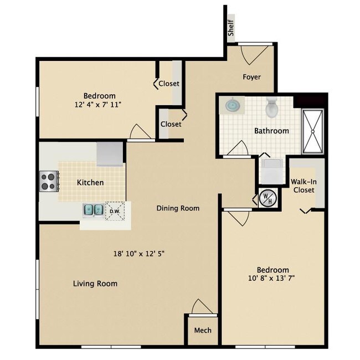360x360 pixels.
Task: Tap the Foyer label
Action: (x=251, y=77)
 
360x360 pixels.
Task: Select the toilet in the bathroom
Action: (x=271, y=108)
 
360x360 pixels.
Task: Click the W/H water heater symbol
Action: (x=266, y=198)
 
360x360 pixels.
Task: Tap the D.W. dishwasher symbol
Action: (x=115, y=210)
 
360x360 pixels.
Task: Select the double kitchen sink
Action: (x=92, y=210)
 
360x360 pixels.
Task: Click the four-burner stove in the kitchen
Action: (x=48, y=181)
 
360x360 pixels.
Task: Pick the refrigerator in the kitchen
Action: (x=110, y=153)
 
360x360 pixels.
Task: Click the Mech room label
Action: (x=202, y=331)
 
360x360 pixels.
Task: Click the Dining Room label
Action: (x=177, y=208)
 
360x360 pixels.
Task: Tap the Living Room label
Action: (x=95, y=284)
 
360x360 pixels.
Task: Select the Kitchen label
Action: (x=90, y=182)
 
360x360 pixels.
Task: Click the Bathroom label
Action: (x=271, y=131)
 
